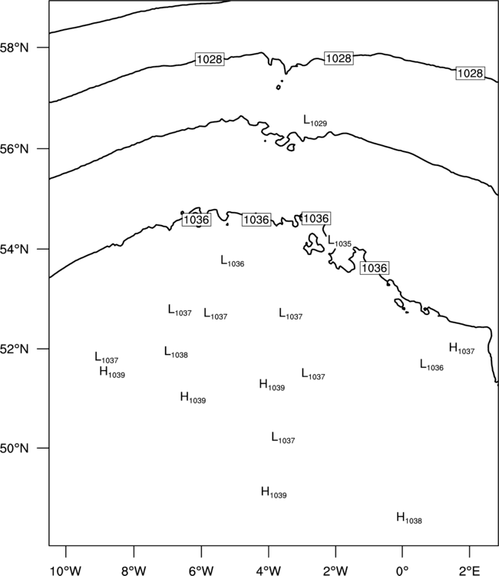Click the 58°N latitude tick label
14,48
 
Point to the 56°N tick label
14,149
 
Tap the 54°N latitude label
14,250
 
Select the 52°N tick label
14,349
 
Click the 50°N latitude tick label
14,449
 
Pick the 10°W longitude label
66,571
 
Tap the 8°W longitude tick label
134,571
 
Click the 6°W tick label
201,571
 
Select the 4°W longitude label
269,571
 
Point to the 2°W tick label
335,571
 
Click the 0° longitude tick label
402,571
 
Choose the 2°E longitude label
470,571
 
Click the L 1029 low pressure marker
315,121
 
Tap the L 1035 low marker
339,241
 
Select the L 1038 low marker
176,353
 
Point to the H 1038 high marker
409,518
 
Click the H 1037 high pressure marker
461,348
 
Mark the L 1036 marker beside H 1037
431,365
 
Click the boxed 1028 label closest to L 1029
339,58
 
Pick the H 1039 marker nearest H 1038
273,492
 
